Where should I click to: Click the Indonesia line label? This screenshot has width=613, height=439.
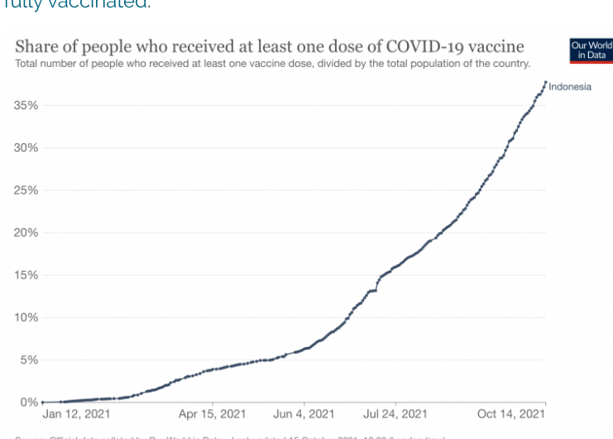[570, 87]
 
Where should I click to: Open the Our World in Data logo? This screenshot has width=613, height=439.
[591, 51]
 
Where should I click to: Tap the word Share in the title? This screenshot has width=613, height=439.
[36, 46]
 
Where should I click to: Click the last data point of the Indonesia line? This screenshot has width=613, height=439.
[546, 81]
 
